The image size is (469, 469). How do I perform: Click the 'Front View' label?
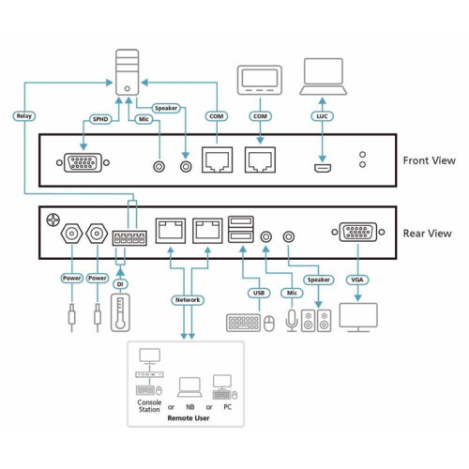[429, 160]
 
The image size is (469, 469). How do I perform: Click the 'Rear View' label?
[427, 233]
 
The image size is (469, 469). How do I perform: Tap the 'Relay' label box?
[24, 116]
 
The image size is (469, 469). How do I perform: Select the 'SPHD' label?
[100, 120]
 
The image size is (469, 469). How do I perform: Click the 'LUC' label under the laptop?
[323, 116]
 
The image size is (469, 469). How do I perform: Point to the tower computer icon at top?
[128, 74]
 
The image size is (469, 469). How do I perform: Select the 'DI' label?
[119, 281]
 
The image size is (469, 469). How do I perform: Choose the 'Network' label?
[188, 301]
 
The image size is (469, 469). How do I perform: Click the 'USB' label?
[259, 294]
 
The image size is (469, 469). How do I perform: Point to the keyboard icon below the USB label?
[242, 323]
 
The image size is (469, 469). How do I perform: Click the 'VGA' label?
[356, 279]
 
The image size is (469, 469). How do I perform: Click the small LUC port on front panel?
[323, 169]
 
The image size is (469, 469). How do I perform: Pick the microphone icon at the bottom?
[290, 321]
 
